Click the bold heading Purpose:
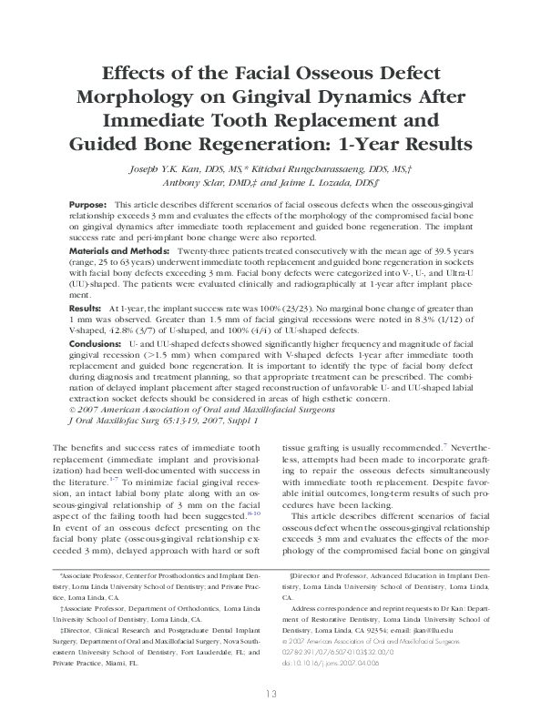[89, 207]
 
